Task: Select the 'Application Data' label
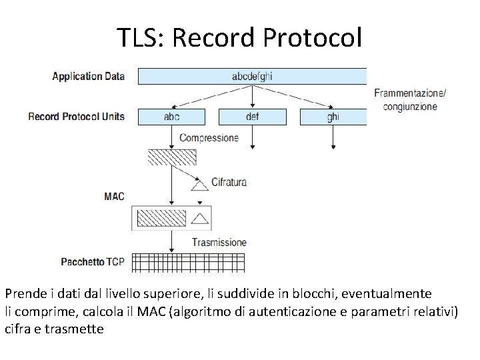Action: pos(89,76)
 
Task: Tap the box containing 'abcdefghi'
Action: pos(252,76)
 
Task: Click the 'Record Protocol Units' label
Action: pos(76,117)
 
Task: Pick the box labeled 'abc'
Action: pos(171,117)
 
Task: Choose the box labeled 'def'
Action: pos(252,117)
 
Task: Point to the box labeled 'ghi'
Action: pos(333,117)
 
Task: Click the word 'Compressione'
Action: pos(209,138)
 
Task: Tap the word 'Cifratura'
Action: pos(229,181)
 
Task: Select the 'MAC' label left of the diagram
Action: pos(114,196)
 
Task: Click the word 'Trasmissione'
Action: pos(219,242)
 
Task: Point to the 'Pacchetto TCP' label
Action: pos(92,261)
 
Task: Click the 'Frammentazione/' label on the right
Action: pos(411,93)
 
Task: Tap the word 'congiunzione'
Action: pos(410,106)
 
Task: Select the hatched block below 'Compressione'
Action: pos(172,157)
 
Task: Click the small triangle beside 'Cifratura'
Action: pos(197,187)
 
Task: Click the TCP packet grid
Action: pos(189,262)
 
